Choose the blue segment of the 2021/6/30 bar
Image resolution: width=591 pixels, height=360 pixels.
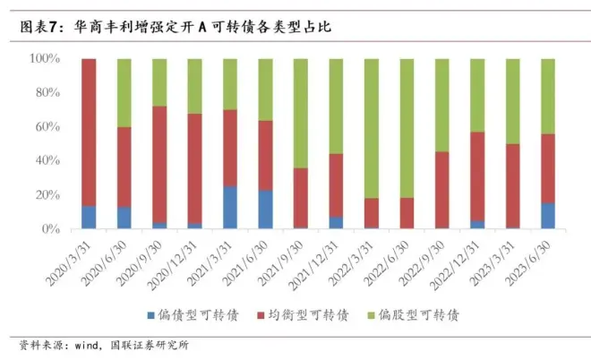(266, 210)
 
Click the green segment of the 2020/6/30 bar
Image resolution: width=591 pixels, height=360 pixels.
(124, 92)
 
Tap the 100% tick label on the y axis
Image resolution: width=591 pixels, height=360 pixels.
(44, 59)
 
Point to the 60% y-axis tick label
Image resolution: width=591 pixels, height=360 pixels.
(47, 127)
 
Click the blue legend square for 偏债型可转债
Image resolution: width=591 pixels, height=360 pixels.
(150, 315)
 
